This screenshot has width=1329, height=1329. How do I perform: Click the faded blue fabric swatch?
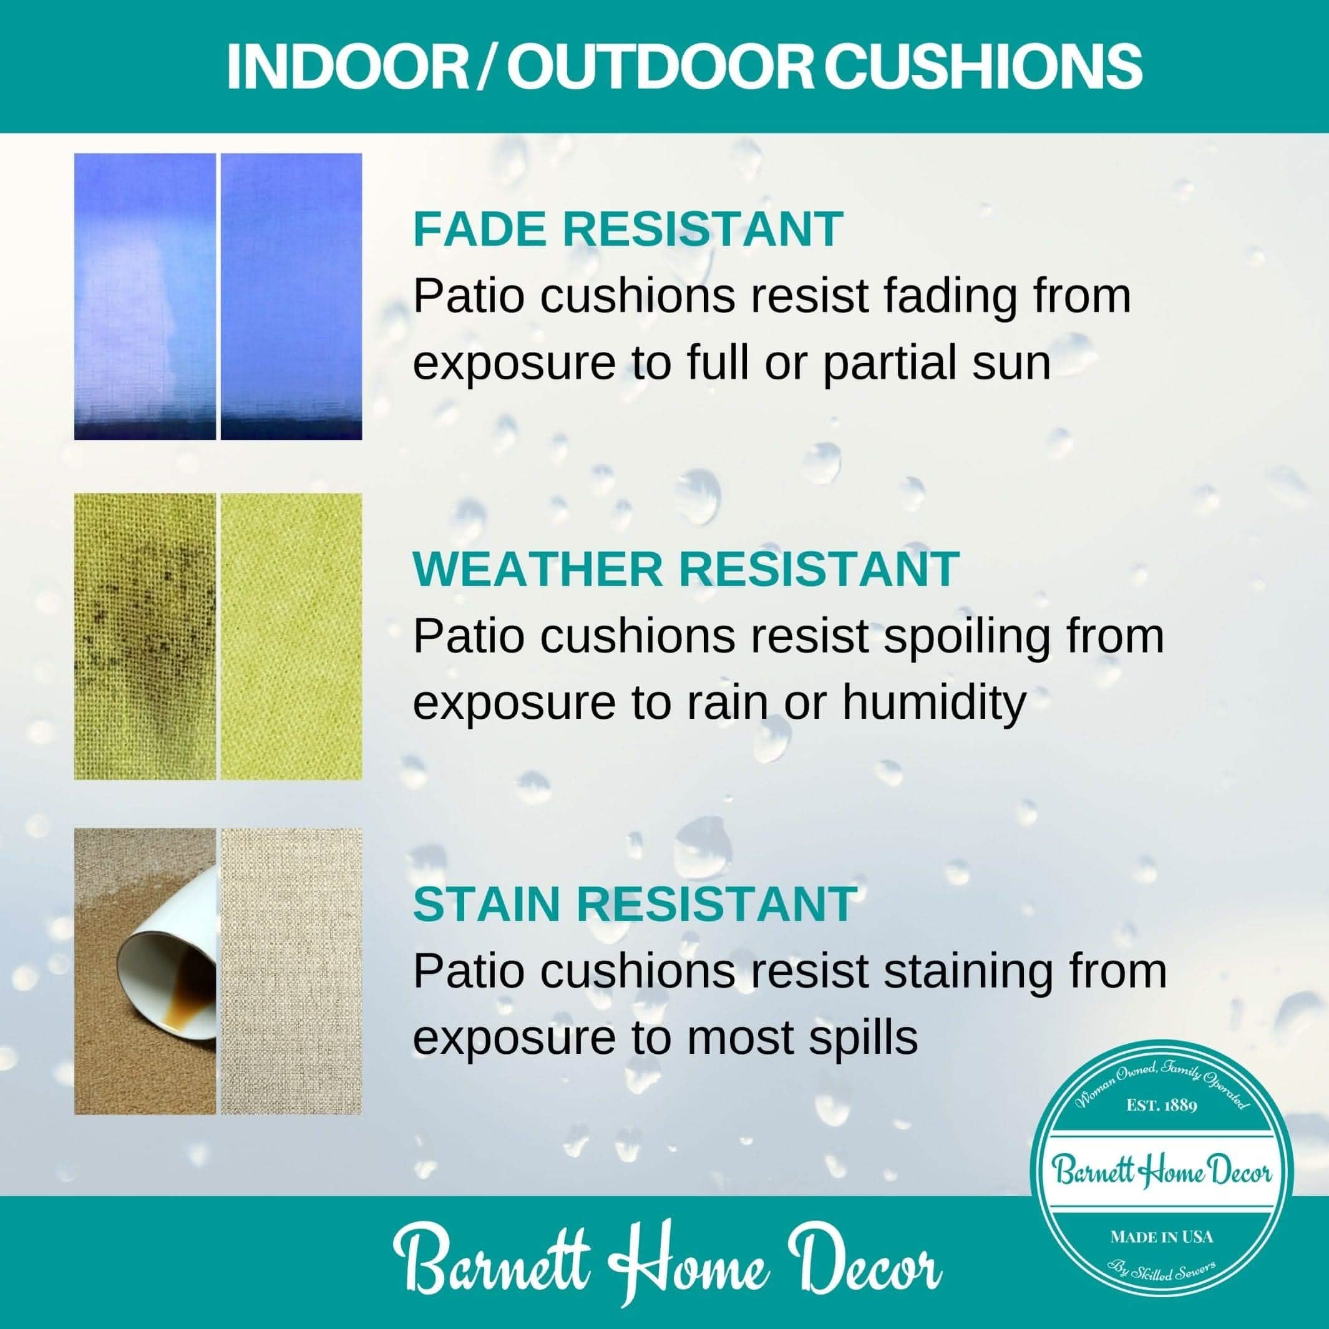pyautogui.click(x=145, y=296)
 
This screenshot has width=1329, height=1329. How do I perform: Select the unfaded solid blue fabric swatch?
pyautogui.click(x=291, y=296)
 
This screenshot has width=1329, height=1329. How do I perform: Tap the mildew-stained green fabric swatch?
pyautogui.click(x=145, y=636)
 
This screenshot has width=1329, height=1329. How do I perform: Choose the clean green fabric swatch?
pyautogui.click(x=291, y=636)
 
